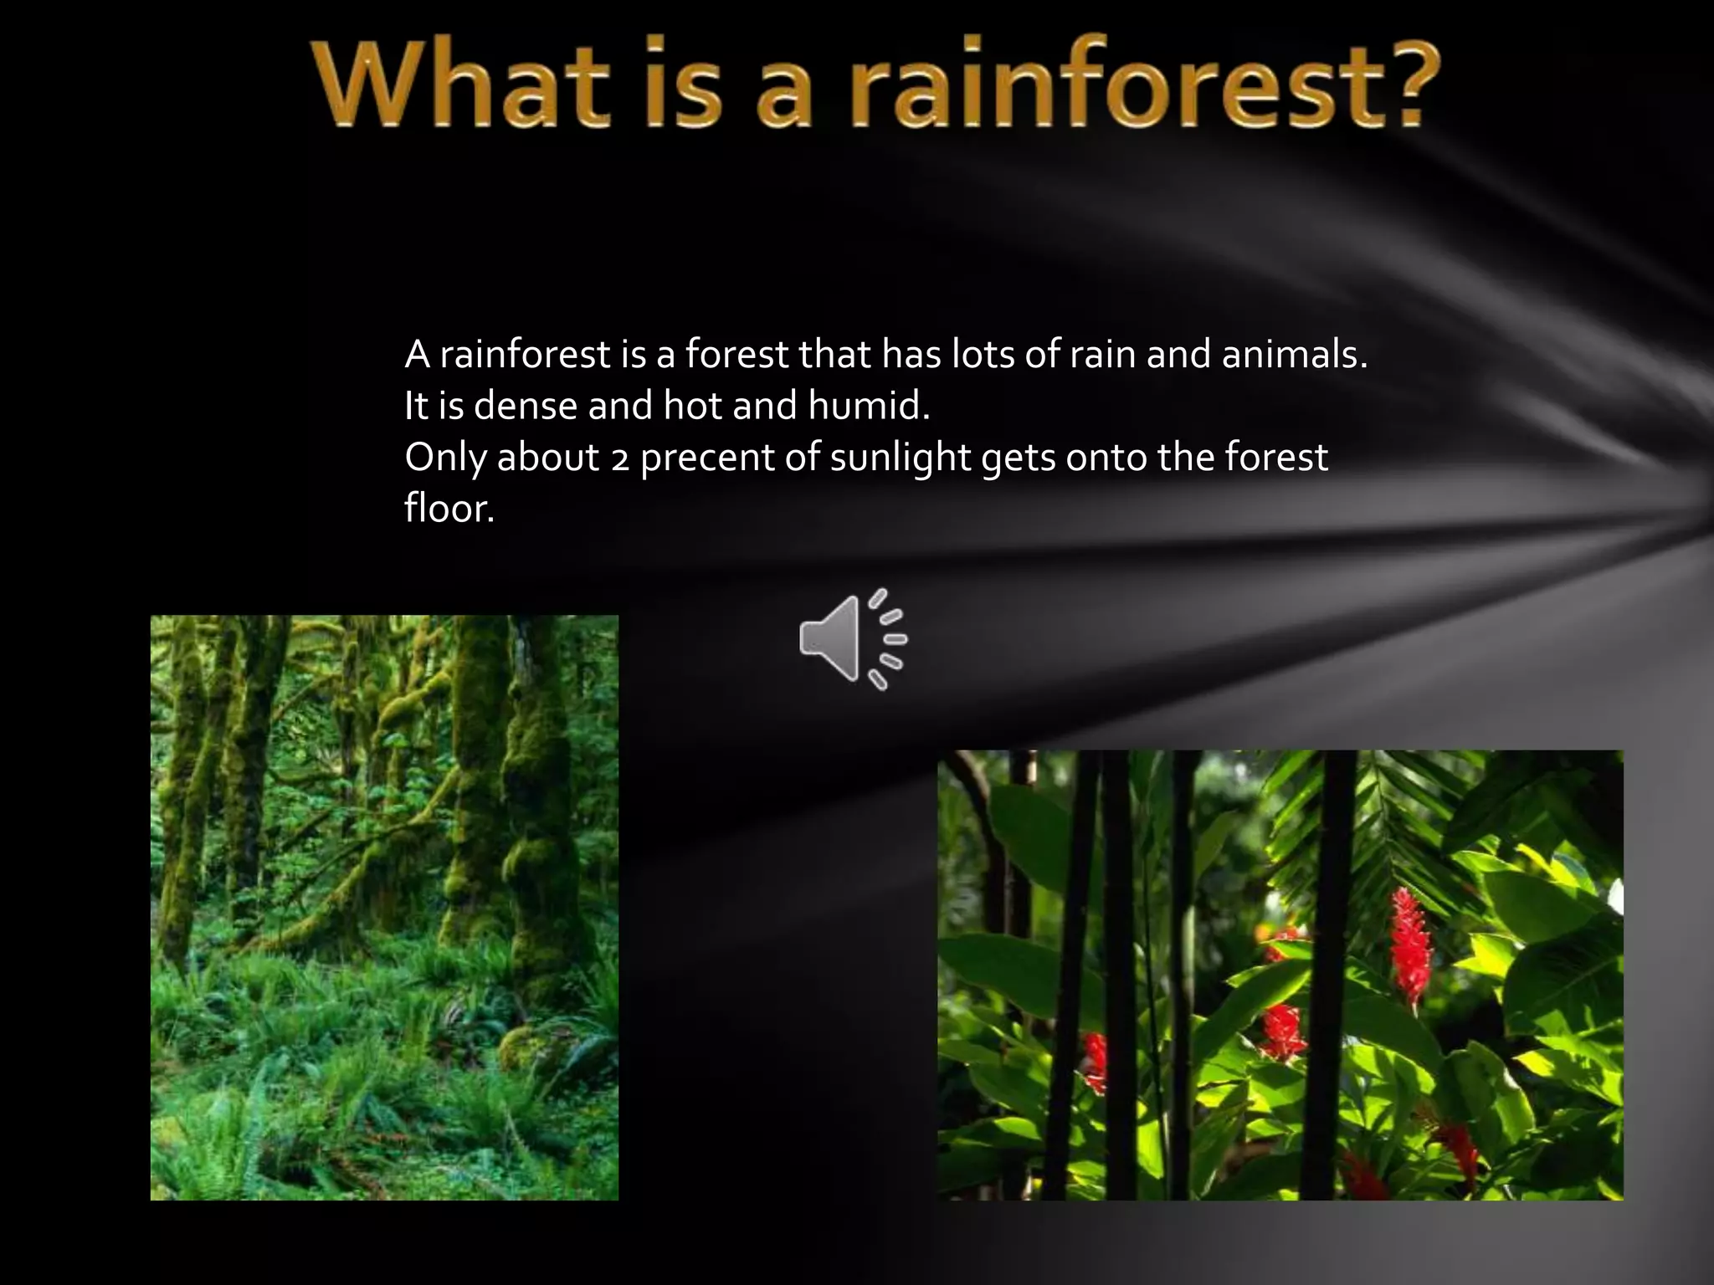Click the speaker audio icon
pos(851,640)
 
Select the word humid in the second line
pos(869,407)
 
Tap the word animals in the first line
pos(1293,356)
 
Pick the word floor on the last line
pos(449,509)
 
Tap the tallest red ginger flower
pos(1411,945)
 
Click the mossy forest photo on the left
pos(384,908)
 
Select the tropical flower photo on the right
pos(1280,975)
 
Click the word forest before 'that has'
pos(736,356)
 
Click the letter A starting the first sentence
pos(417,356)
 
